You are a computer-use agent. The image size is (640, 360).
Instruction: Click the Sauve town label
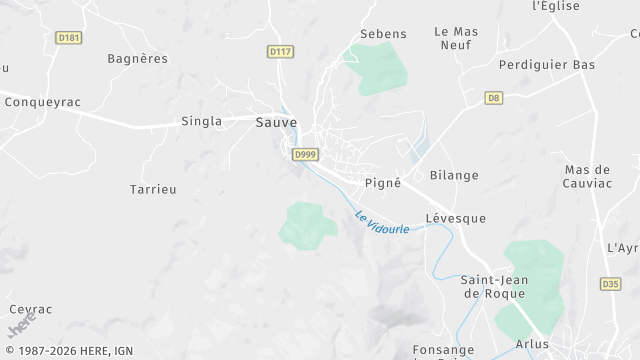click(276, 122)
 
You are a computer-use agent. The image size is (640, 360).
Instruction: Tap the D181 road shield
click(69, 38)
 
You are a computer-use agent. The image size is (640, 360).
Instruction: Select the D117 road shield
click(280, 51)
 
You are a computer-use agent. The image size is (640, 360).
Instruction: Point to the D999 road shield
click(305, 154)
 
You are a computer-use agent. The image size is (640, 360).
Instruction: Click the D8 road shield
click(493, 97)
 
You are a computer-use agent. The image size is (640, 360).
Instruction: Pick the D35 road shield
click(610, 284)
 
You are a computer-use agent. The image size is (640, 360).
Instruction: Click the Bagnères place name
click(138, 59)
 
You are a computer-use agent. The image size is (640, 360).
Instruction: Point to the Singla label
click(201, 122)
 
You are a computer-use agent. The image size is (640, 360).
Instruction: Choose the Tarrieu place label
click(153, 189)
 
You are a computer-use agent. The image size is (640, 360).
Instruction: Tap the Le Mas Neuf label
click(456, 38)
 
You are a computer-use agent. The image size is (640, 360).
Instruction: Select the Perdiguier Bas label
click(547, 65)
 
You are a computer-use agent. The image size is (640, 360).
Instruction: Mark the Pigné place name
click(383, 183)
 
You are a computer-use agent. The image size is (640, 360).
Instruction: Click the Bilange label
click(454, 175)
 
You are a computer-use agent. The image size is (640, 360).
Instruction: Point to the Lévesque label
click(455, 218)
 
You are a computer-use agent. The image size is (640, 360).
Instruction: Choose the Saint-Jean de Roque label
click(495, 286)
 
